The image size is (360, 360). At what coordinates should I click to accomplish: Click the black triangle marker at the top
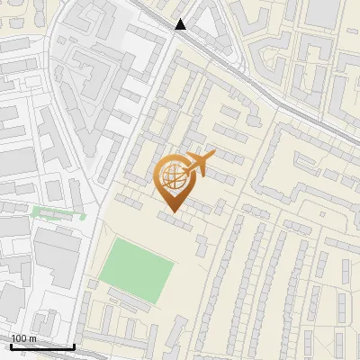(x=181, y=24)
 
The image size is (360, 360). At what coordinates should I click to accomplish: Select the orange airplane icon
(x=197, y=165)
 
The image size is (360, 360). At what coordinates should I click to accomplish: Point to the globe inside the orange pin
(x=173, y=175)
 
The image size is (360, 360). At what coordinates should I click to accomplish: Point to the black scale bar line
(x=42, y=346)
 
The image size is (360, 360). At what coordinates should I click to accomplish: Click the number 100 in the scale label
(x=19, y=338)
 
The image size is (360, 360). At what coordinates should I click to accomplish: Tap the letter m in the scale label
(x=32, y=338)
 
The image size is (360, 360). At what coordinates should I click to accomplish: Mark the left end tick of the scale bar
(x=11, y=345)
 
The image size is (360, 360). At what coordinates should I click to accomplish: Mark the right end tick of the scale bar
(x=74, y=345)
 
